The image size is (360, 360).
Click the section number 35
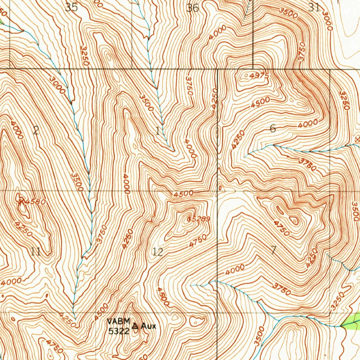click(x=71, y=7)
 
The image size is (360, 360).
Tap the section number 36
click(x=193, y=8)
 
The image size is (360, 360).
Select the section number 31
click(x=314, y=7)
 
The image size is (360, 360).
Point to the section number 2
click(x=36, y=131)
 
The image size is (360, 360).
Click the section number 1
click(x=158, y=131)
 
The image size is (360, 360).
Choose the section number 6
click(x=273, y=129)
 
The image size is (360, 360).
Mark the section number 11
click(x=36, y=251)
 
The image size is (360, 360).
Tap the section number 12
click(x=158, y=252)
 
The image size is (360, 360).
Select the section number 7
click(x=274, y=251)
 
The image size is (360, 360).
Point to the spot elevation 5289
click(x=200, y=219)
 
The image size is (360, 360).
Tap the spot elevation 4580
click(x=36, y=202)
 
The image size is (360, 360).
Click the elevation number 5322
click(x=118, y=331)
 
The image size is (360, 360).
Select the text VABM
click(x=119, y=321)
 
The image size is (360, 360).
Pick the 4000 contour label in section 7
click(x=235, y=270)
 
